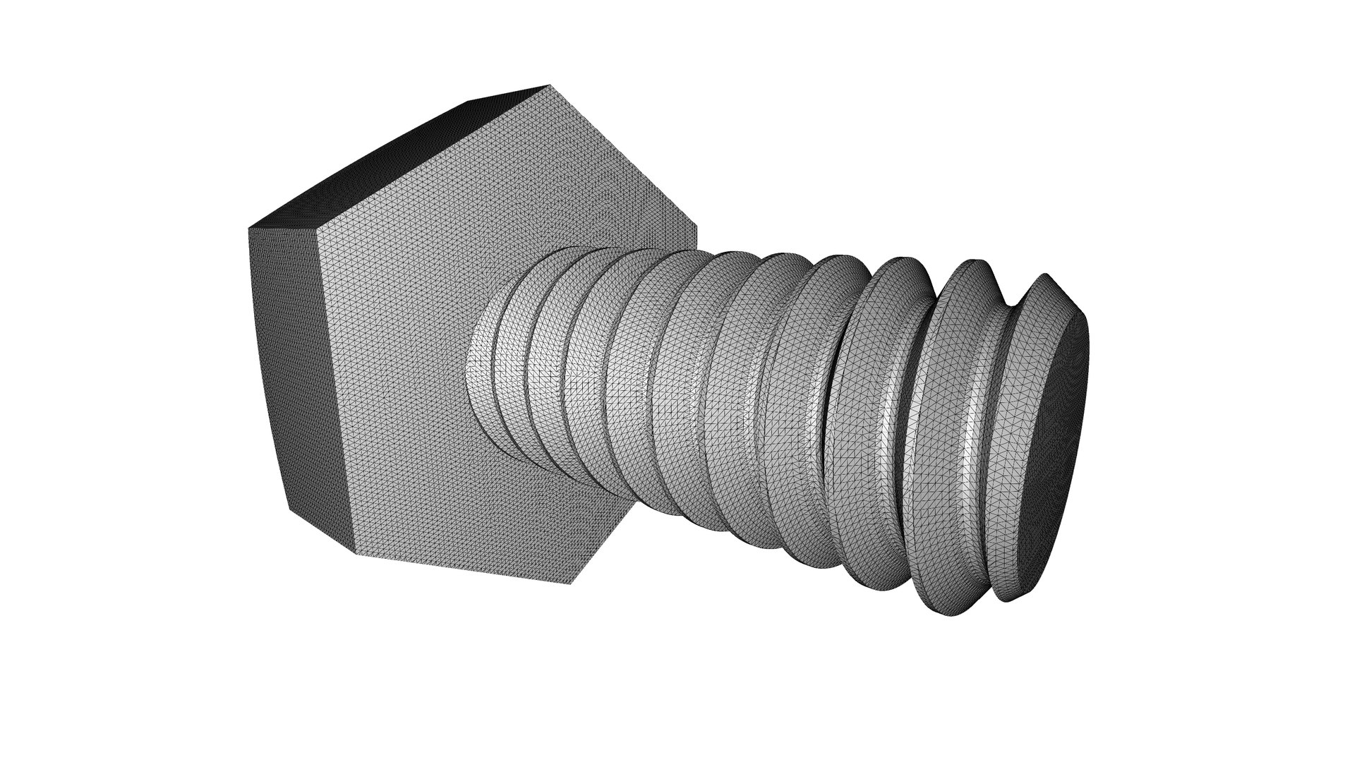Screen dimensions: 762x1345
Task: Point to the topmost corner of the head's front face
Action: click(549, 87)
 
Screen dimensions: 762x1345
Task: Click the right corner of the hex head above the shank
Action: click(697, 229)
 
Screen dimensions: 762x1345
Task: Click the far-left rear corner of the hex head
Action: click(248, 228)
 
